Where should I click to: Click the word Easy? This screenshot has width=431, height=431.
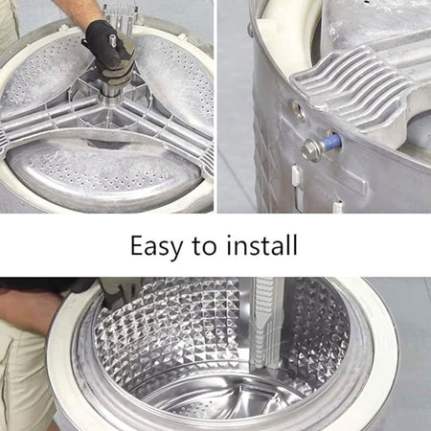(x=156, y=246)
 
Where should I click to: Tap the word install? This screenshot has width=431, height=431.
(x=262, y=245)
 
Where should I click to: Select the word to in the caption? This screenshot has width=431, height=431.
(x=204, y=246)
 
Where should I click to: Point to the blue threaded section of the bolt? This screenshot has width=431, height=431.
(x=332, y=142)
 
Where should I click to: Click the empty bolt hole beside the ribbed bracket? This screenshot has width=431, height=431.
(x=299, y=110)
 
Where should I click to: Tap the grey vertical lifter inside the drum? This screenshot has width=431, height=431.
(x=265, y=324)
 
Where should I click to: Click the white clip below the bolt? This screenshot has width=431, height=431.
(x=295, y=175)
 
